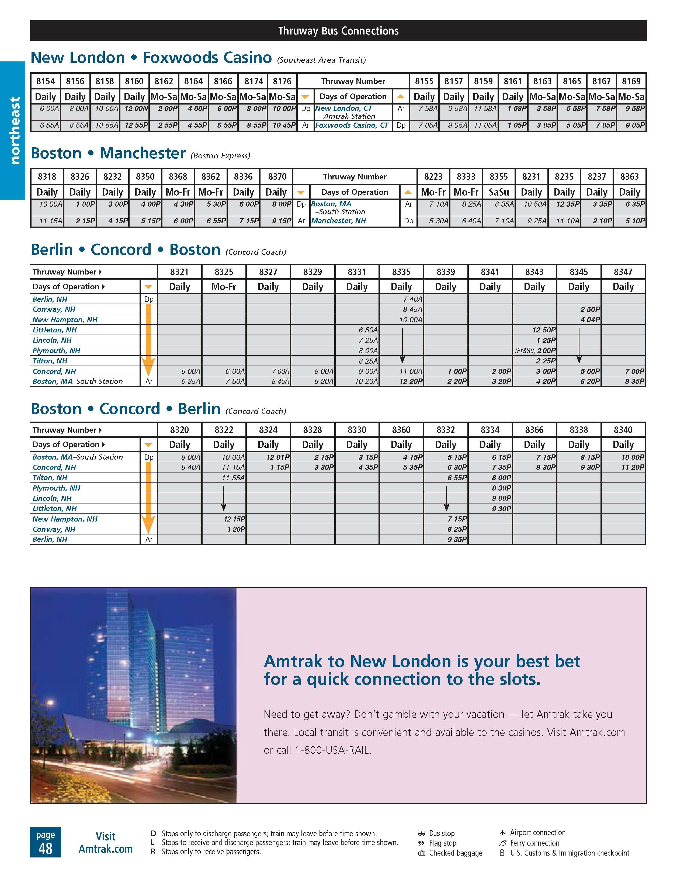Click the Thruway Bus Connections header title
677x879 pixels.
click(338, 31)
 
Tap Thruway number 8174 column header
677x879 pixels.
click(254, 81)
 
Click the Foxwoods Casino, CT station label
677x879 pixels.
click(351, 126)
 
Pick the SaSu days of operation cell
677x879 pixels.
click(499, 192)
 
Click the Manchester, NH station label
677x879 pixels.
click(338, 221)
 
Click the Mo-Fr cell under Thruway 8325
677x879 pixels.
click(224, 287)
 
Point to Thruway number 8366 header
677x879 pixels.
click(534, 430)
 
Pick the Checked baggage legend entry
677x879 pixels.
click(455, 853)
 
